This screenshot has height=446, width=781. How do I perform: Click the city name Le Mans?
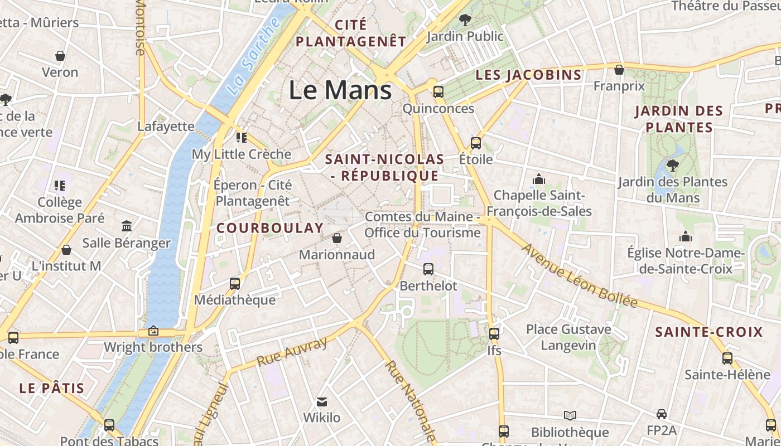pos(340,90)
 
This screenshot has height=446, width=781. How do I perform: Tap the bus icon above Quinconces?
pos(438,92)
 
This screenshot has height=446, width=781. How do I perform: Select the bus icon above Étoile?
pos(476,143)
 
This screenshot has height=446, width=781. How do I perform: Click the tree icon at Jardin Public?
pos(464,21)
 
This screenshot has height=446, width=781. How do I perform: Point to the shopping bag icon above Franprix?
pos(619,70)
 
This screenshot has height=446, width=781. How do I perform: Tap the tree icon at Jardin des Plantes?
pos(673,165)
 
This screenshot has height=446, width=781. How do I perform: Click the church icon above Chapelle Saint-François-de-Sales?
pos(538,179)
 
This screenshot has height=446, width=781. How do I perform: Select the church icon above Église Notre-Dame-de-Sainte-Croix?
pos(686,236)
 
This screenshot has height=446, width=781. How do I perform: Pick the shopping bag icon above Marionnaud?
pos(337,238)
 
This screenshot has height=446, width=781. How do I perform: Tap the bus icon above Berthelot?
pos(428,269)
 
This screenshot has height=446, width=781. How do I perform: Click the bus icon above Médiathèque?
pos(235,283)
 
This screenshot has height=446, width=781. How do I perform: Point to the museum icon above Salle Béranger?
pos(127,226)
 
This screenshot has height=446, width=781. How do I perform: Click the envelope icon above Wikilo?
pos(322,401)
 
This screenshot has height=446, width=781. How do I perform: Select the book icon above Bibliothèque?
pos(570,415)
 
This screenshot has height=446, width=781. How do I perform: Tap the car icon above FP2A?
pos(662,414)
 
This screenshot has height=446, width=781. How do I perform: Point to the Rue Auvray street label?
pos(292,352)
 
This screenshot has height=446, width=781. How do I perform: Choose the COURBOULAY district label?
pos(270,228)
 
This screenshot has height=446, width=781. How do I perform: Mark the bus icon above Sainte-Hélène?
pos(727,358)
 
